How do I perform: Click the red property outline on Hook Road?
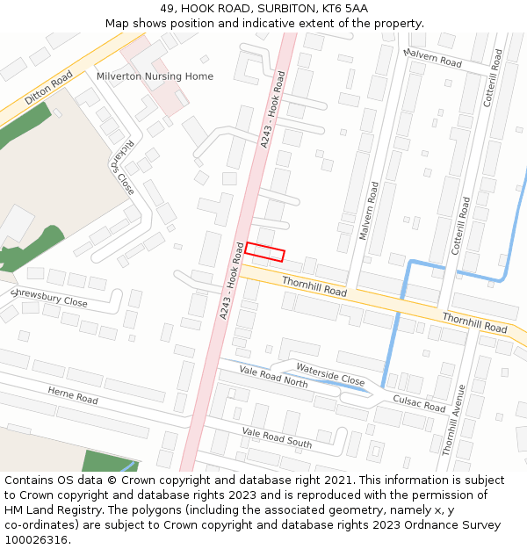pos(264,251)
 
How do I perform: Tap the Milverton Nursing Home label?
pos(155,76)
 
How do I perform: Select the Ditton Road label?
pos(49,90)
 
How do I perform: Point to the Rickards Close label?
pos(124,167)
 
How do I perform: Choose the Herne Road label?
pos(73,395)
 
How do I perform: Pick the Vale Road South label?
pos(277,437)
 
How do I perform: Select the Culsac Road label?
pos(420,403)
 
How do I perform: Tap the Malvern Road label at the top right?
pos(432,58)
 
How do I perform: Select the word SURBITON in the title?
pos(282,9)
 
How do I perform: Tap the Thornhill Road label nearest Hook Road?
pos(314,285)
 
